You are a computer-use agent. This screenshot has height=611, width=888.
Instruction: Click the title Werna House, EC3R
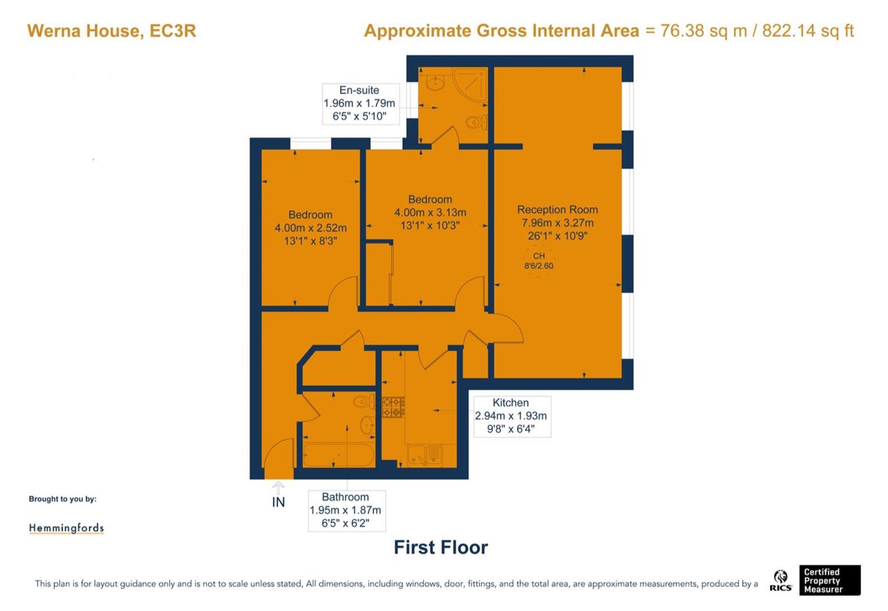point(111,31)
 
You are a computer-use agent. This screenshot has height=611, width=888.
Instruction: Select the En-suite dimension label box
point(360,104)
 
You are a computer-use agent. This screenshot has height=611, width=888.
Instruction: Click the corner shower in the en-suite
point(471,85)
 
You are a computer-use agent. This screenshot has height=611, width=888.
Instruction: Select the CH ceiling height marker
point(539,261)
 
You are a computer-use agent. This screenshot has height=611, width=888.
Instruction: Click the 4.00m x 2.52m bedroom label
point(311,228)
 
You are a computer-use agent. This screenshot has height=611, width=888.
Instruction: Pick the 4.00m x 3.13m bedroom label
point(430,212)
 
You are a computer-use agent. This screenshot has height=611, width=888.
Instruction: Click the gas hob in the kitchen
point(393,407)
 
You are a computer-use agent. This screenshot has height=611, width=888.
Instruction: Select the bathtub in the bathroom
point(338,455)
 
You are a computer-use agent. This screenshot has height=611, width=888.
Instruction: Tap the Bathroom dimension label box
point(347,511)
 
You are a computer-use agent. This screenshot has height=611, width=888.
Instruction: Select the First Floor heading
point(441,548)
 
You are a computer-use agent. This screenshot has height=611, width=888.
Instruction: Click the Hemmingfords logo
point(66,528)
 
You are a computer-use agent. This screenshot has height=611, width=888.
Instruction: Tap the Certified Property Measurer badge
point(830,580)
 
